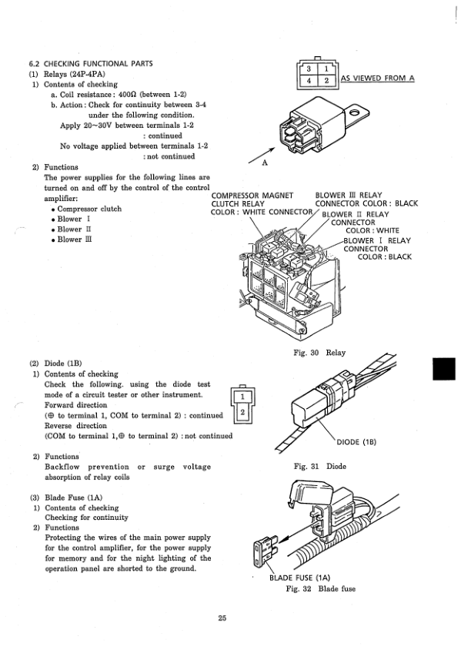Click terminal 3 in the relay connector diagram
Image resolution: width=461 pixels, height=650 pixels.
coord(309,69)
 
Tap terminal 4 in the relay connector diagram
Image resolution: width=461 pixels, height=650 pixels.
coord(309,80)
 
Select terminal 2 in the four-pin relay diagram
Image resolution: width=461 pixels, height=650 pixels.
coord(326,80)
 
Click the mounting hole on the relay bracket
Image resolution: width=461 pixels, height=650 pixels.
coord(356,112)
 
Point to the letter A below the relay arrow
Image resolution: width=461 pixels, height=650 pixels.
coord(265,163)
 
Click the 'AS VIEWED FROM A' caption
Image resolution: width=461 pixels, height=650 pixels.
coord(377,79)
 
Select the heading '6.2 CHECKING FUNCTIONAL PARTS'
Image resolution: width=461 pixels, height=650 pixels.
coord(91,63)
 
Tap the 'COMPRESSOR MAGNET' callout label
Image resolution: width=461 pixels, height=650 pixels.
coord(252,196)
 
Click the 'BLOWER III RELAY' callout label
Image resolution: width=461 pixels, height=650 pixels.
coord(349,195)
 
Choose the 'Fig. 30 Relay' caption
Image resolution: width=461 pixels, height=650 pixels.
coord(319,353)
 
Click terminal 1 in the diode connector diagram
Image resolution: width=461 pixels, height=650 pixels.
coord(242,397)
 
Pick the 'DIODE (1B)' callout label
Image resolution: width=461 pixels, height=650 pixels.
coord(356,442)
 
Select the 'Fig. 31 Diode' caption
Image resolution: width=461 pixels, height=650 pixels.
coord(319,466)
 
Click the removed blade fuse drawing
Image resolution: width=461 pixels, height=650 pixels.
coord(265,552)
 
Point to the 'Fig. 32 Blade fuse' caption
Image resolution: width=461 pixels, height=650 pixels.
coord(321,588)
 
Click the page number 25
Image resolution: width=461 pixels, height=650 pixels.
coord(222,618)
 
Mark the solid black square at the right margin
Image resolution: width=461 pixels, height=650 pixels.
coord(443,369)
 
